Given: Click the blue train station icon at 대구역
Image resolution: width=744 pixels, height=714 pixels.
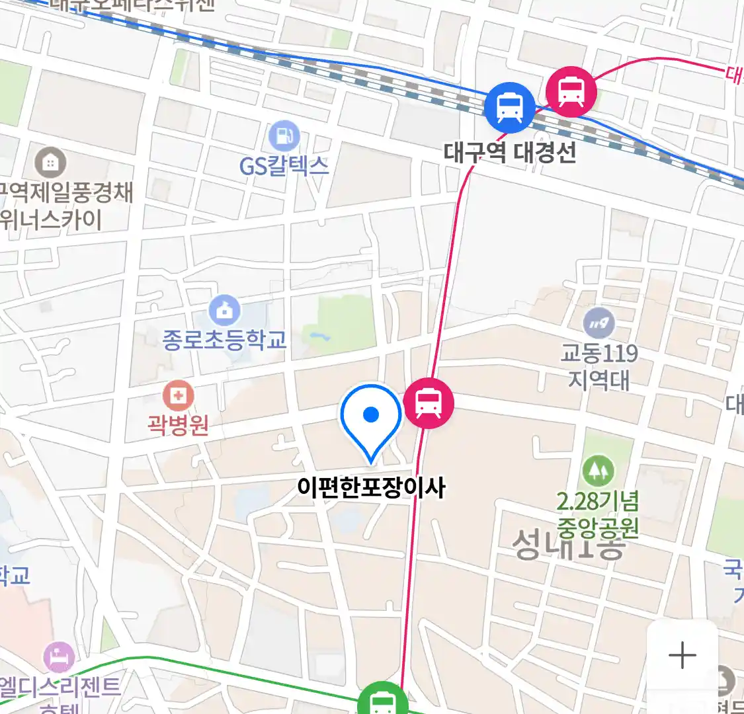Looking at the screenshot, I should (509, 107).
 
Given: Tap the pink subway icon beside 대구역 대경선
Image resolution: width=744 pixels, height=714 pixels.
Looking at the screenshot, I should (571, 93).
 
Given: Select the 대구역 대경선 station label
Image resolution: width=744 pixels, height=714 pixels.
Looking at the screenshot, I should (510, 153).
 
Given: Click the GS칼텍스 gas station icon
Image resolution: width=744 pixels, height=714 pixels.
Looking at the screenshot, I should (284, 137).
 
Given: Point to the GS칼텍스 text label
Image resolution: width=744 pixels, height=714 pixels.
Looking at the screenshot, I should (284, 165).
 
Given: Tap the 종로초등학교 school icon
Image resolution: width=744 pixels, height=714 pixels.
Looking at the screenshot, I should (225, 311).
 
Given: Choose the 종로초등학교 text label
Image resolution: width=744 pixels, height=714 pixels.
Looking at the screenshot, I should (225, 340).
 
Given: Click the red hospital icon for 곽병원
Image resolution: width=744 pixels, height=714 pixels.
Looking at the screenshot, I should (178, 397).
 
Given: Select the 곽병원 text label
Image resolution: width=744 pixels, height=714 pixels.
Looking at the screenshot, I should (178, 424).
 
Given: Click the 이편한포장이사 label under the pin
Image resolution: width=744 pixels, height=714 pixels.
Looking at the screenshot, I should (371, 488).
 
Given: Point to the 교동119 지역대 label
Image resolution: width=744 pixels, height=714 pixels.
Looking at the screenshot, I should (599, 366).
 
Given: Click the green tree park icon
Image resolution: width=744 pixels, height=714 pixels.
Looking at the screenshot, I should (598, 471).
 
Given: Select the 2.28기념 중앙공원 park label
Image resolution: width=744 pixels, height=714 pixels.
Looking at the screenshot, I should (598, 514).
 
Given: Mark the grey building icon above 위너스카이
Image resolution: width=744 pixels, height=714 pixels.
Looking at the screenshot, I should (50, 163).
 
